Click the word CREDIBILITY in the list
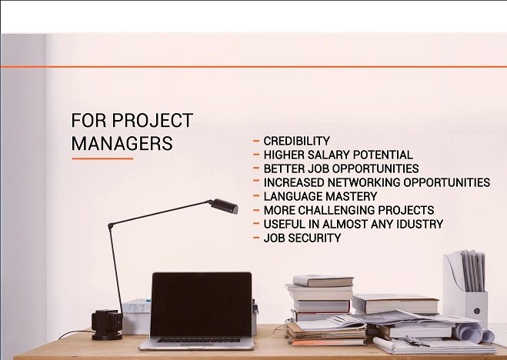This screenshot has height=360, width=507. (x=296, y=142)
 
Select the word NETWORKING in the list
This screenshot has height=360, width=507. (x=364, y=182)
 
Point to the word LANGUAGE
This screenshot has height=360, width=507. (x=292, y=196)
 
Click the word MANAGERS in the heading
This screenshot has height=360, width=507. (x=122, y=144)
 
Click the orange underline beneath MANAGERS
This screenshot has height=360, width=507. (x=102, y=158)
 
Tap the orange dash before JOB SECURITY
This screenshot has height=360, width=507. (x=256, y=238)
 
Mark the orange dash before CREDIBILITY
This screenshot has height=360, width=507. (x=256, y=141)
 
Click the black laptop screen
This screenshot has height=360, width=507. (x=201, y=305)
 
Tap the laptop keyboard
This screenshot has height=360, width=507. (x=198, y=341)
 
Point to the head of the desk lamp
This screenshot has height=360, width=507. (x=224, y=206)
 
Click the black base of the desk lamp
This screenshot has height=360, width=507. (x=107, y=325)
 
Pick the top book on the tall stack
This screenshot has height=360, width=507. (x=322, y=281)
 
